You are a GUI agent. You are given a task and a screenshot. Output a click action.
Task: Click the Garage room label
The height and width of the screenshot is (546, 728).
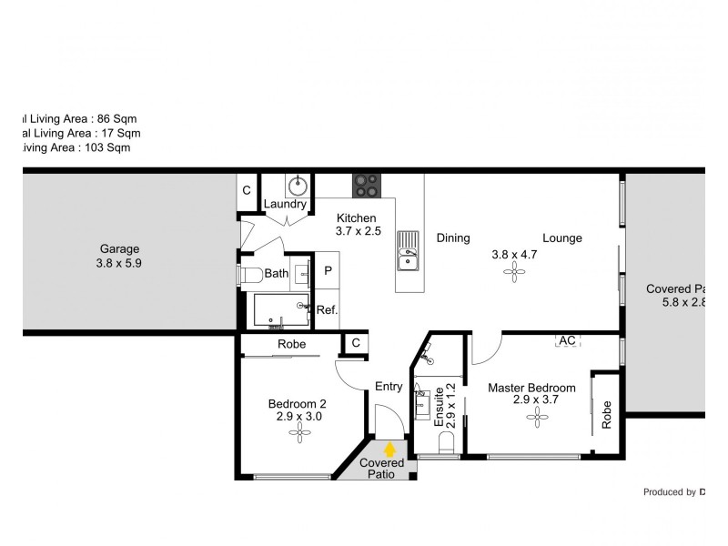[119, 248]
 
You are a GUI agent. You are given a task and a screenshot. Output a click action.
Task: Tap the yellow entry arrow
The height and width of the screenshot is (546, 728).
[391, 448]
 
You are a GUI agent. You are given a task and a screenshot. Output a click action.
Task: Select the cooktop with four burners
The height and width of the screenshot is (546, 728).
[366, 185]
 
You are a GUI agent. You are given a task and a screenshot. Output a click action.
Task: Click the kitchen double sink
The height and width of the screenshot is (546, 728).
[409, 252]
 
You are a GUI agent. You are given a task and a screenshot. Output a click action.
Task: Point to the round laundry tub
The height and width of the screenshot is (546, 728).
[298, 187]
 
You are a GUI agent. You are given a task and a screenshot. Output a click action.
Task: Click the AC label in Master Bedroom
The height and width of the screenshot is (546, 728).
[568, 340]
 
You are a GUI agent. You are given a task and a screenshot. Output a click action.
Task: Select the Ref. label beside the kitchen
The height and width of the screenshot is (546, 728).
[327, 309]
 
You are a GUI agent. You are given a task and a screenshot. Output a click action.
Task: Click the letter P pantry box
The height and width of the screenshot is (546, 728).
[327, 271]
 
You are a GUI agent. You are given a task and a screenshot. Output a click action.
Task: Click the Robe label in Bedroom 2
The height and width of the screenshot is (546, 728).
[291, 345]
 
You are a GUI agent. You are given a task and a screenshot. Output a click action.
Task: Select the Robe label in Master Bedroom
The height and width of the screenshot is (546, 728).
[606, 416]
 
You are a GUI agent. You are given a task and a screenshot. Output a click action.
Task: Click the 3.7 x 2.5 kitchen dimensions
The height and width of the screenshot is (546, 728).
[358, 232]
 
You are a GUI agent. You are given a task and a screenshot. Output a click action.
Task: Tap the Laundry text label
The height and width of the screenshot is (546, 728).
[286, 204]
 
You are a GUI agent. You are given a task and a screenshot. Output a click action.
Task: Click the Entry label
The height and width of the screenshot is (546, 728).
[389, 387]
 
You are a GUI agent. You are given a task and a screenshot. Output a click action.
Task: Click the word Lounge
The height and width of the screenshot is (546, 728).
[562, 238]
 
